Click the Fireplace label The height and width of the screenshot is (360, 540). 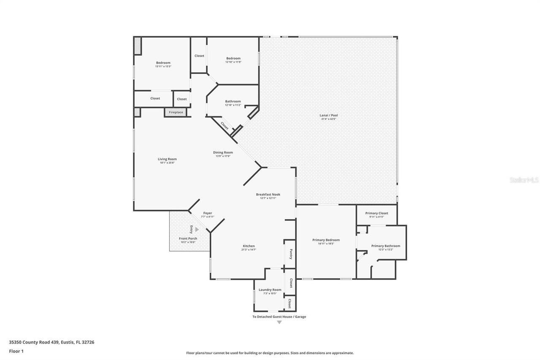pos(176,112)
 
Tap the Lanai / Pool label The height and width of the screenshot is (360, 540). pos(329,115)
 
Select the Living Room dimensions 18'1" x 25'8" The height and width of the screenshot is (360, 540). pos(167,163)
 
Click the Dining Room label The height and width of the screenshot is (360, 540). pos(223,152)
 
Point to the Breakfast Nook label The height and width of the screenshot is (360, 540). pos(268,194)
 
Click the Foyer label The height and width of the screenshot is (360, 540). pos(208,213)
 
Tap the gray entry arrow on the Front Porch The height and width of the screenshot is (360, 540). pos(197,230)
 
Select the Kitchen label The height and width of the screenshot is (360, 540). pos(248,246)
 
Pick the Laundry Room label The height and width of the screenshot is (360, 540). pos(270,290)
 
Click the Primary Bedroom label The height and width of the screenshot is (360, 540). pos(326,240)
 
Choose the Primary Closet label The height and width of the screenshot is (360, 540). pos(376,213)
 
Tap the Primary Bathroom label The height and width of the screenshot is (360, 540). pos(386,246)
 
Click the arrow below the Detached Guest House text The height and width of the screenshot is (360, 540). pos(279,322)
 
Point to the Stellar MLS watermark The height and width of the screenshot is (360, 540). pos(524,180)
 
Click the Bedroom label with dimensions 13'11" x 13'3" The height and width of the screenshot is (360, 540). pos(163,63)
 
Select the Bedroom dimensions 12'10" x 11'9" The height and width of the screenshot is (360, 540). pos(233,62)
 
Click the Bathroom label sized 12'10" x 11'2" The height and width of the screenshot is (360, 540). pos(233,101)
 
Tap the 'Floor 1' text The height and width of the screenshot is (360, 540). pos(16,351)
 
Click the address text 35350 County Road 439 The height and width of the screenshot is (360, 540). pos(51,342)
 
